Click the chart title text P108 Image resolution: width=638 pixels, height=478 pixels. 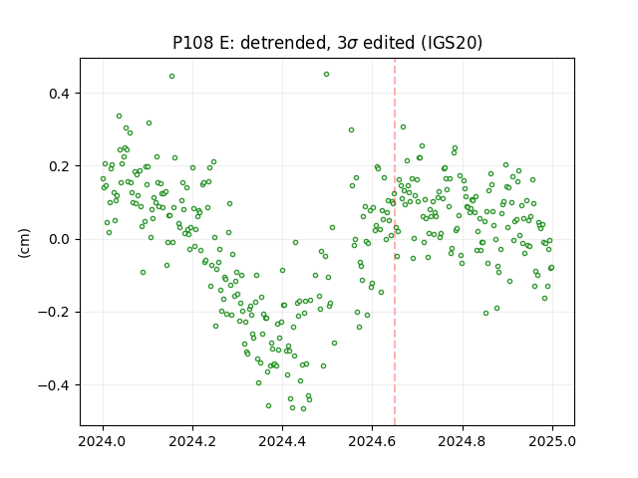[x=192, y=43]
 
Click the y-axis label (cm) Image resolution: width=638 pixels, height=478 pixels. [x=24, y=243]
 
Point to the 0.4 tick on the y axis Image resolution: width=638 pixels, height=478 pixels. [x=60, y=94]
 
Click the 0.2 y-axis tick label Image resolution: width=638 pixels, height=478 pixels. [x=60, y=166]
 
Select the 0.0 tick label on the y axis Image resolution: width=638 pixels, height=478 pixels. [x=60, y=239]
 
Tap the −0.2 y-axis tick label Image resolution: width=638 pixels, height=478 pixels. [x=54, y=312]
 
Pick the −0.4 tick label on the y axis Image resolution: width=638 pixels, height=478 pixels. [x=54, y=385]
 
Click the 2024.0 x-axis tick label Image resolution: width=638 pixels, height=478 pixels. [x=103, y=441]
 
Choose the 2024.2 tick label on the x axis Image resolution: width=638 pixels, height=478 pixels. [x=192, y=441]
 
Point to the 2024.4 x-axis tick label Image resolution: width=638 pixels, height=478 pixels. [x=282, y=441]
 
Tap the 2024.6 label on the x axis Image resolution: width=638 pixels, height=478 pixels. [x=372, y=441]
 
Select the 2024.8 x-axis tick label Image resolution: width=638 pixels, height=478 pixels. [x=463, y=441]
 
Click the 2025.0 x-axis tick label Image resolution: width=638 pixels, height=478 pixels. [x=552, y=441]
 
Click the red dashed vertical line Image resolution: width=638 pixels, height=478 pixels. [x=395, y=242]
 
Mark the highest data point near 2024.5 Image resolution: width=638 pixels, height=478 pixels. [x=326, y=75]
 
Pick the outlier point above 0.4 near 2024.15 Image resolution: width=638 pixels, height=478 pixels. [x=171, y=76]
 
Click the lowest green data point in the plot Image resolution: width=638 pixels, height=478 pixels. [x=303, y=408]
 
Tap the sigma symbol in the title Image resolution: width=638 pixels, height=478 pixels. [x=354, y=44]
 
